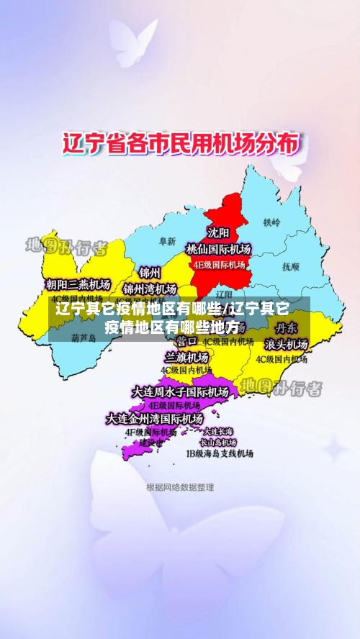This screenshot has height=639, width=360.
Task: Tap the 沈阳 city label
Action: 219,232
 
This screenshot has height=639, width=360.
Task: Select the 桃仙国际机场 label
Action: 219,249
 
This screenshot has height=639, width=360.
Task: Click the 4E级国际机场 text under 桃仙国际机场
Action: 219,264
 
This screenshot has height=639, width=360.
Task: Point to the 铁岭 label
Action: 271,222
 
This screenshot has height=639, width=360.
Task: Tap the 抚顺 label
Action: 290,266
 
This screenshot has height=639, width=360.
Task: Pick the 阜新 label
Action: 167,241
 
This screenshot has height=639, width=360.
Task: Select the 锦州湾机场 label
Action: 150,289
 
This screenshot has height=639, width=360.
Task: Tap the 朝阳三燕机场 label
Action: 78,284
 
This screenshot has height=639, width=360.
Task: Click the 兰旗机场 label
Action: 186,357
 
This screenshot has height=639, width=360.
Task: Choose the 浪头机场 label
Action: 286,344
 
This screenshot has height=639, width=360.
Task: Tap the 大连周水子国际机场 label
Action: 180,392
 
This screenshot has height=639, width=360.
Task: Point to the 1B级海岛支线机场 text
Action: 220,454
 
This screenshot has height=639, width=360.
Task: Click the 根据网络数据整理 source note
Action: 180,487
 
